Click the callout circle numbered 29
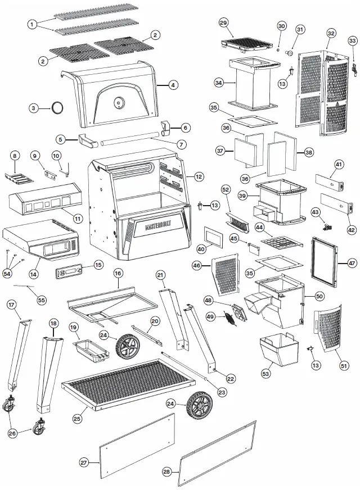click(x=223, y=22)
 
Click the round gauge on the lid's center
click(x=119, y=103)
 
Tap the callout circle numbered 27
click(x=84, y=462)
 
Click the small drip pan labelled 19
click(x=89, y=351)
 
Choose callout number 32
click(x=331, y=34)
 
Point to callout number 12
click(x=199, y=176)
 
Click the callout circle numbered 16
click(x=118, y=273)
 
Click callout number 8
click(x=15, y=155)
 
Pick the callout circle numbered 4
click(x=173, y=85)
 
